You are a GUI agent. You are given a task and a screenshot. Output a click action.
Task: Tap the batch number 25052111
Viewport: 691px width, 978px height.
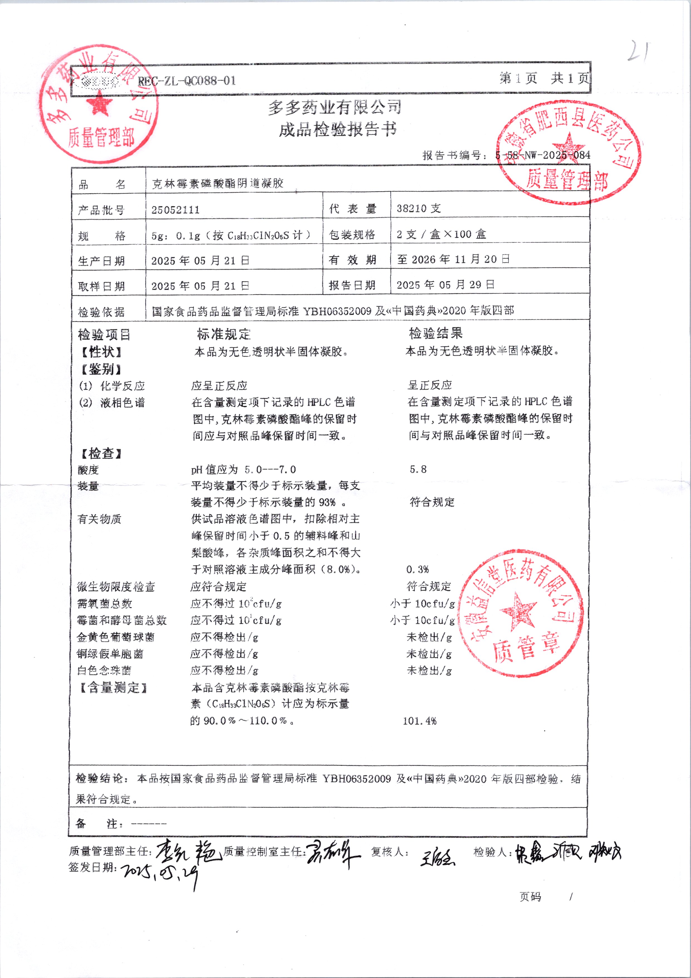175,210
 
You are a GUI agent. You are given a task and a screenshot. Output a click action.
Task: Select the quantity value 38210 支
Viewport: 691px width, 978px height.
418,208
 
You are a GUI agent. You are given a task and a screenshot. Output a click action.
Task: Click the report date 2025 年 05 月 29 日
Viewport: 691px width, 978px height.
445,284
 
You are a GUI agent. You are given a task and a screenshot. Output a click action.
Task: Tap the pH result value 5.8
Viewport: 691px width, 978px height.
418,469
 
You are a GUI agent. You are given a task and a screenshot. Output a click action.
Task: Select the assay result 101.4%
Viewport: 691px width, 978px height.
419,721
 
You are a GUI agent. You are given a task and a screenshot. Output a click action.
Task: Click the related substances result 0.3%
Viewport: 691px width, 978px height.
417,569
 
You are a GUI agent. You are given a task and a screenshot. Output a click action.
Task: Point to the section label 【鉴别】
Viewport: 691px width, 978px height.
101,369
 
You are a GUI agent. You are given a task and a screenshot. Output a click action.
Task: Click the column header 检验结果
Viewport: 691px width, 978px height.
435,333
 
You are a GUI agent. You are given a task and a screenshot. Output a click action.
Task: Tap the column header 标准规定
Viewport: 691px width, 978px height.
224,334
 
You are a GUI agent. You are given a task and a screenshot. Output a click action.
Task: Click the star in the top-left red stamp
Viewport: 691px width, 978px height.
100,104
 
